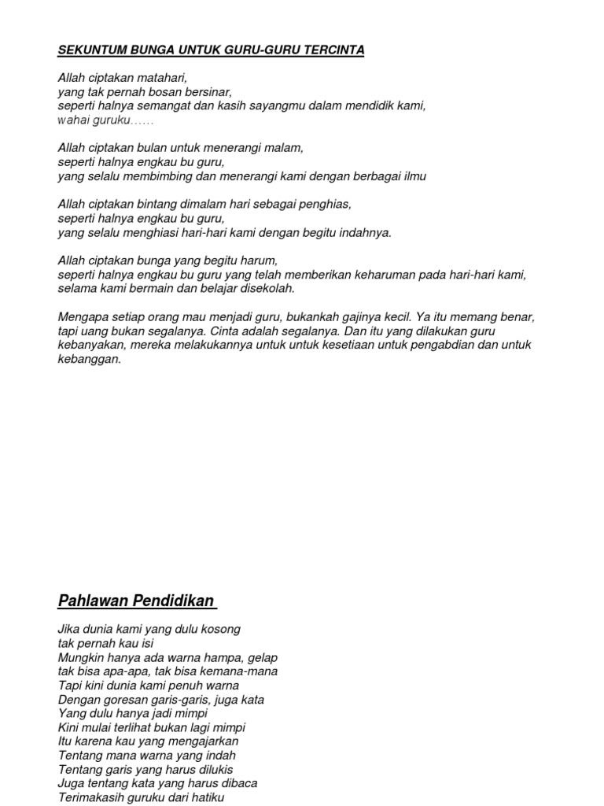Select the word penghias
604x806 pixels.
(x=326, y=205)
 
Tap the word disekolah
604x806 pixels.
(x=267, y=288)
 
